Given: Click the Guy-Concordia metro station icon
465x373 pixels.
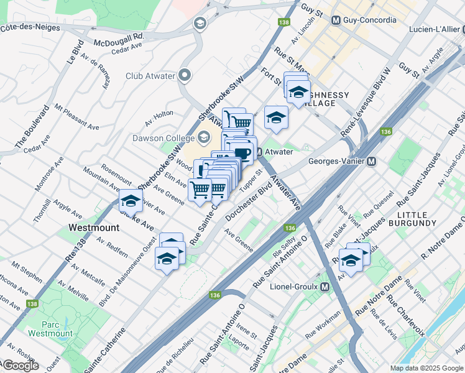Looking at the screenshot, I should click(x=336, y=21).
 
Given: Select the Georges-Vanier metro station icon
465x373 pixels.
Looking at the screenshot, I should click(x=372, y=162).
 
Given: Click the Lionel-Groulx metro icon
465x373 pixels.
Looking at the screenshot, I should click(x=324, y=287).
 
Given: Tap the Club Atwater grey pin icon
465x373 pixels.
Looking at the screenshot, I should click(x=185, y=76).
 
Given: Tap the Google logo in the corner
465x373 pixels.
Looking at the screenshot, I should click(x=21, y=366).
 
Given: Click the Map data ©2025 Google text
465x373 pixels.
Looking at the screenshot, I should click(x=426, y=368).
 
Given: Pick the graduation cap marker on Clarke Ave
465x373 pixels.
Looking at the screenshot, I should click(x=131, y=201).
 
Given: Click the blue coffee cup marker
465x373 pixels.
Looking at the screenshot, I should click(x=242, y=151).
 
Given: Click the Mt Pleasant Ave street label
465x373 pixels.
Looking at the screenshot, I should click(x=76, y=117).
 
